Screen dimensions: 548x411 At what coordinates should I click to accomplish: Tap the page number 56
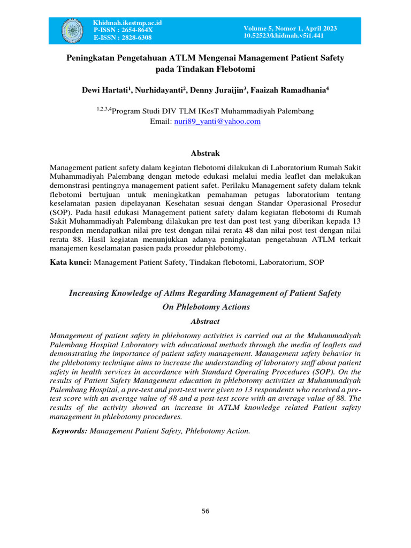(x=205, y=511)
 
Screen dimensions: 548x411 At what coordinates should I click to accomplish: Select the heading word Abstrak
(x=205, y=154)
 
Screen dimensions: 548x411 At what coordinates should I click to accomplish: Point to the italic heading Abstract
(x=205, y=321)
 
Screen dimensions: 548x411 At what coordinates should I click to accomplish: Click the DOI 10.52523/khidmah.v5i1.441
(x=283, y=35)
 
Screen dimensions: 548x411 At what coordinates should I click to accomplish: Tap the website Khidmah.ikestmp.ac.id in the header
(x=127, y=23)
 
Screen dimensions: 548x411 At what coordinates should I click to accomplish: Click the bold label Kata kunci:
(x=71, y=262)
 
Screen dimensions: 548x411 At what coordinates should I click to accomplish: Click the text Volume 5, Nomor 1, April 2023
(x=291, y=28)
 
